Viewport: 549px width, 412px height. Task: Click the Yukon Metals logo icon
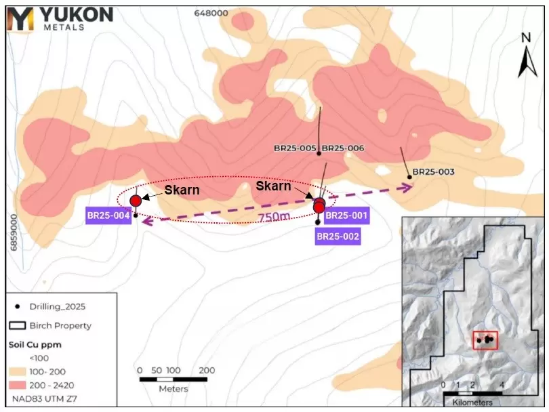(x=20, y=19)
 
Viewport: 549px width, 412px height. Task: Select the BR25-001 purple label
(x=346, y=216)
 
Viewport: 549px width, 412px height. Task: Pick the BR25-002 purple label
(x=338, y=236)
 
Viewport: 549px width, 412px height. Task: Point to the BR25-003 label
(x=433, y=172)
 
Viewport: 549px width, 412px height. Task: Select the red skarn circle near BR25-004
(x=136, y=200)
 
